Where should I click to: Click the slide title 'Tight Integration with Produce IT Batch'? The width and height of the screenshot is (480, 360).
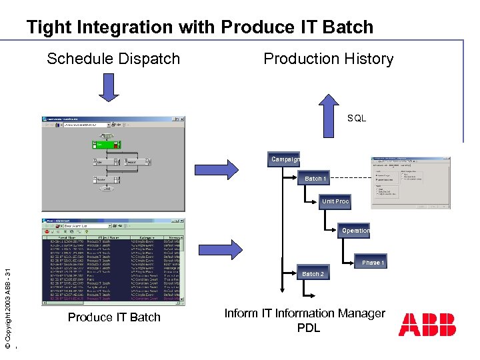pos(199,27)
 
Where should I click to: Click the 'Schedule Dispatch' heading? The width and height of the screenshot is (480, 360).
pos(113,59)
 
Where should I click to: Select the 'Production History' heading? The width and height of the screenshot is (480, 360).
pos(328,59)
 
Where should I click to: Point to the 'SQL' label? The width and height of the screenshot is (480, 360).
pos(357,118)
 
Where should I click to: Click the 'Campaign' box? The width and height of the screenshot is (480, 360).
pos(285,159)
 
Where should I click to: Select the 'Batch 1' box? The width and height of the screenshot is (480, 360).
pos(315,179)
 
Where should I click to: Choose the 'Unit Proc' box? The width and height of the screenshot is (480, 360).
pos(335,201)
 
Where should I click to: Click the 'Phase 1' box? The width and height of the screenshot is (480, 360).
pos(371,263)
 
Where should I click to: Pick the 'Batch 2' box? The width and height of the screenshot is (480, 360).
pos(313,274)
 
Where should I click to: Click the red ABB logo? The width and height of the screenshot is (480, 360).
pos(427,325)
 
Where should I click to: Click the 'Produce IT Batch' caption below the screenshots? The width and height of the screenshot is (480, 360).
pos(114,317)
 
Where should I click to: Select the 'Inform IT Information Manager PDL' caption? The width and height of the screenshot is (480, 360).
pos(305,321)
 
